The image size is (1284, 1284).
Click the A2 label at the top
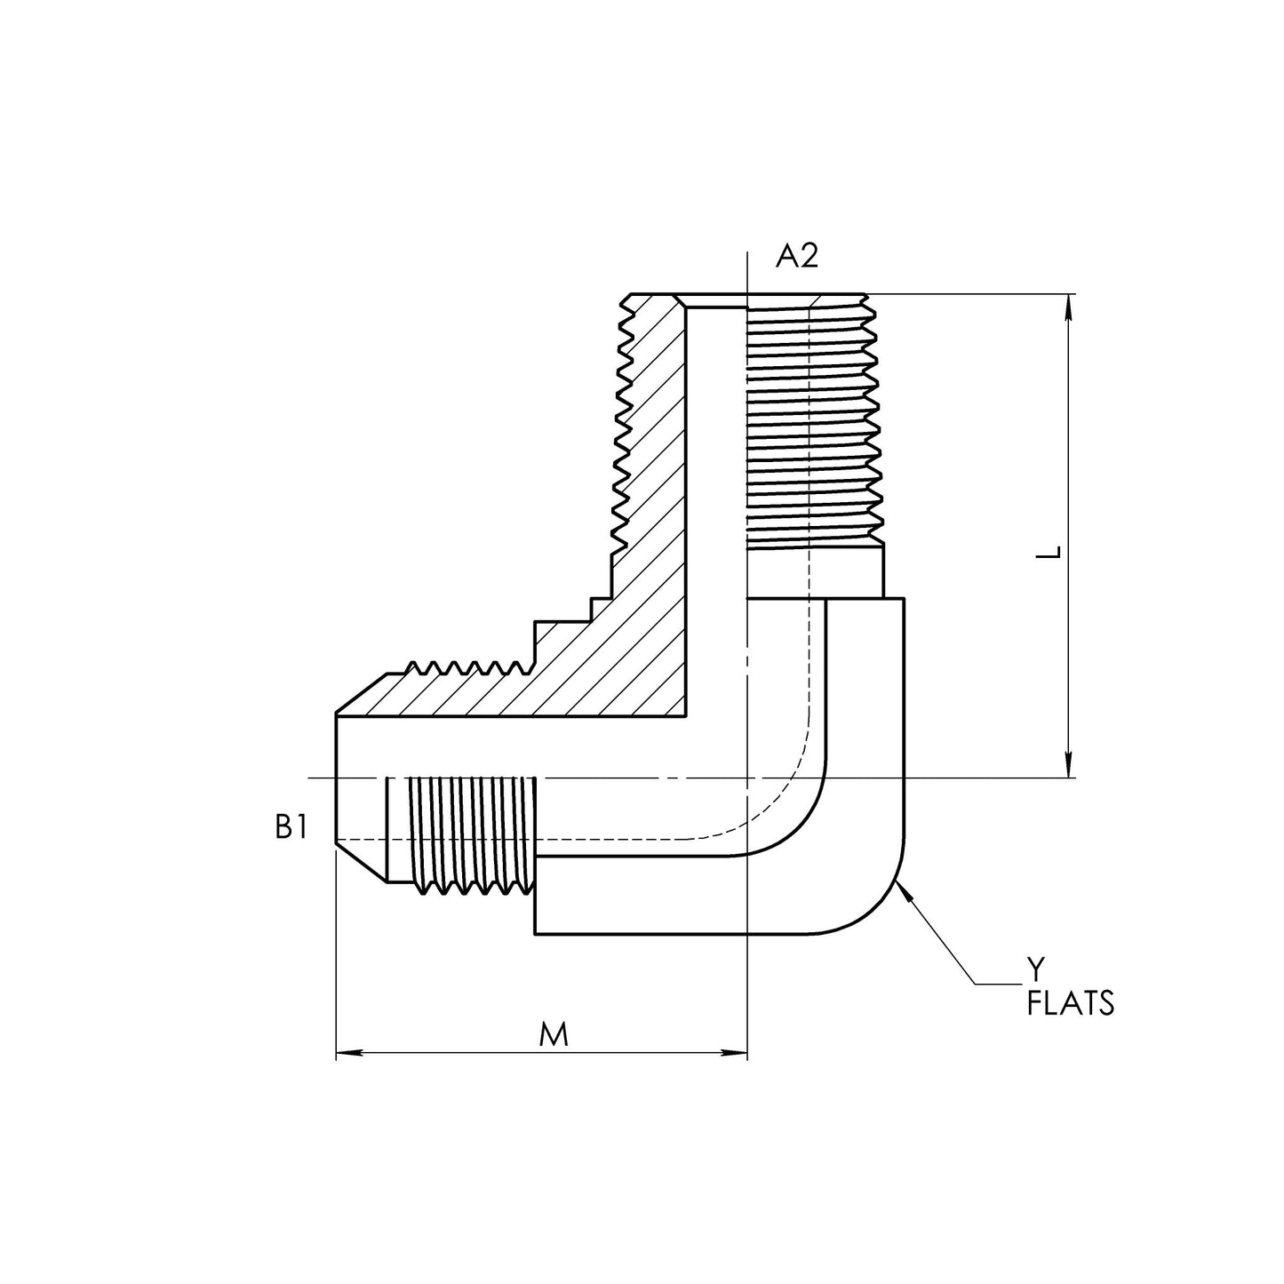(796, 256)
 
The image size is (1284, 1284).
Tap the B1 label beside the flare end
(291, 828)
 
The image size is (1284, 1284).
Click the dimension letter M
(554, 1034)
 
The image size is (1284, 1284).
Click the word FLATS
(1070, 1004)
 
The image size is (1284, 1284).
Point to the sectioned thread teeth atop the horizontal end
(462, 668)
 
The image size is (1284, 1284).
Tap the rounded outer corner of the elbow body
(875, 906)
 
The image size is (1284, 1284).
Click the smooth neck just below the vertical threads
(844, 570)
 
